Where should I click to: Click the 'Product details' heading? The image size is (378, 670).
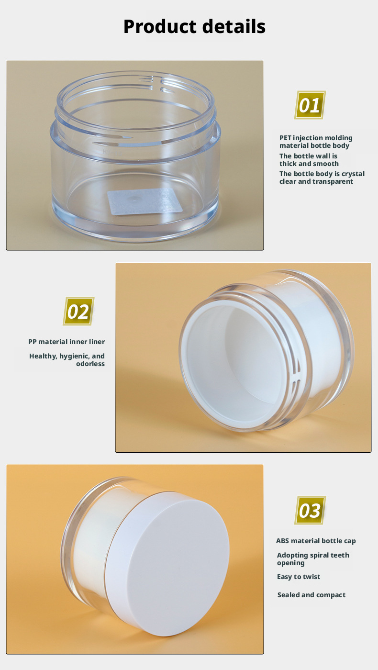194,26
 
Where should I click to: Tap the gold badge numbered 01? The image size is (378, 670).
310,105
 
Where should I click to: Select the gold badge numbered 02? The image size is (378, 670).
78,312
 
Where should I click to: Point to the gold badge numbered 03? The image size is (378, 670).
310,510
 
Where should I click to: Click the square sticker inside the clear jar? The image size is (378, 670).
145,201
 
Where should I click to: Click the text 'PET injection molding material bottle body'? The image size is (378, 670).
316,142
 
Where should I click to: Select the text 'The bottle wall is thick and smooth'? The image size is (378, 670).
309,160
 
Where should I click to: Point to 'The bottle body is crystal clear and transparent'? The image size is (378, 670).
322,178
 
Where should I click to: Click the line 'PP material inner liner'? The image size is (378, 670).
67,342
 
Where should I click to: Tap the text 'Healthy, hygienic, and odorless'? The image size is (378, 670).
67,360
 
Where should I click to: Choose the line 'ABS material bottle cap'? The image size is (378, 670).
316,541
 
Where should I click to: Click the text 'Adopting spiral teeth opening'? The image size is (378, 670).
313,559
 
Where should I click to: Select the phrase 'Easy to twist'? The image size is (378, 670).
299,577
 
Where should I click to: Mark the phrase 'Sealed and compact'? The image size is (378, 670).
311,595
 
